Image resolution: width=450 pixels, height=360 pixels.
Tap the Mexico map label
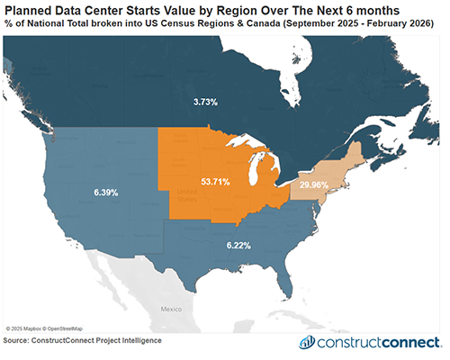(x=171, y=308)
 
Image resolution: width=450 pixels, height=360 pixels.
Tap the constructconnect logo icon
(x=307, y=343)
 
